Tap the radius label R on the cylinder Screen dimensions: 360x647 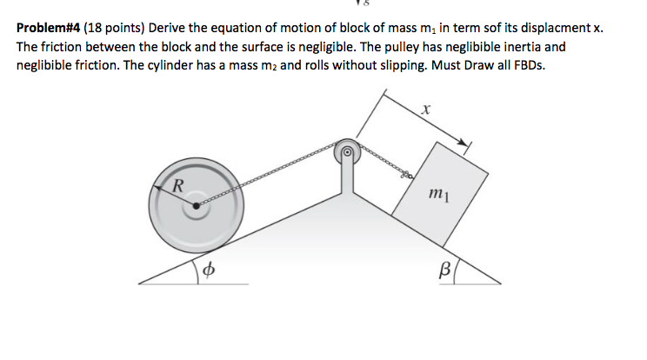click(x=178, y=183)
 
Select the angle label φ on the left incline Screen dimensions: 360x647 click(x=208, y=269)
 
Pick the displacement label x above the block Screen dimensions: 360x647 click(x=425, y=110)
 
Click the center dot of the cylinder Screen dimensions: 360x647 click(x=198, y=206)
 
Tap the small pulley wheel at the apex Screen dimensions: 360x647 click(x=346, y=151)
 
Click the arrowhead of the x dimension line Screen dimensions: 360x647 click(x=467, y=144)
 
